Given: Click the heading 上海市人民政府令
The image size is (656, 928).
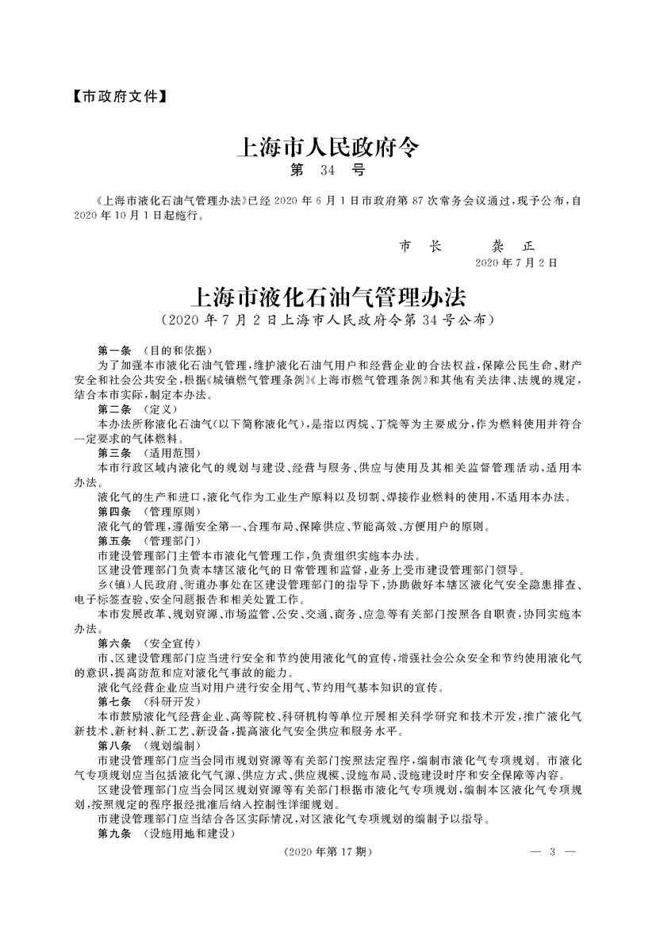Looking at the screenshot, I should [328, 147].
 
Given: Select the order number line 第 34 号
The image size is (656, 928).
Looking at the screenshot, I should [327, 170].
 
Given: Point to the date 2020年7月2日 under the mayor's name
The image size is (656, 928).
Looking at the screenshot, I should [516, 263].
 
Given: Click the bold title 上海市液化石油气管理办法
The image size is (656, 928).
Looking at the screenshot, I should [328, 298].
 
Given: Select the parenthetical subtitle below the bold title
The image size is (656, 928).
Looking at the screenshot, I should [327, 321].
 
